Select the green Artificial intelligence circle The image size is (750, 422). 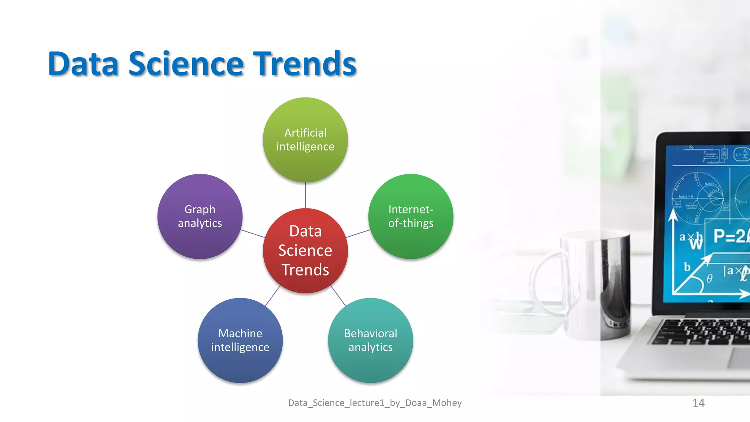click(x=305, y=140)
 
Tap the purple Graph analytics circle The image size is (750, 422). click(x=200, y=216)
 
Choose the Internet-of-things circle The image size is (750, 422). click(x=411, y=216)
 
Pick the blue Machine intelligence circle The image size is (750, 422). click(x=240, y=340)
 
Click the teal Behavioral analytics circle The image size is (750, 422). click(x=370, y=340)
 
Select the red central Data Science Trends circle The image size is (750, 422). click(x=305, y=251)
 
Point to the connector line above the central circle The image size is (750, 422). click(x=305, y=195)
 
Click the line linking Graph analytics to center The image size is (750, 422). click(x=253, y=234)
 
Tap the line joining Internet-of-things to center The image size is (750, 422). click(x=358, y=234)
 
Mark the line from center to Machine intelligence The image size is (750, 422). click(x=272, y=296)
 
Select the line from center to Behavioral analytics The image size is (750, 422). click(x=338, y=296)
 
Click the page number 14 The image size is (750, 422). click(x=698, y=403)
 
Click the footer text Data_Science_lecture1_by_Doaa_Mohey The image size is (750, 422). click(x=375, y=403)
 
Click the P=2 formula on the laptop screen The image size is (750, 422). click(x=731, y=236)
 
